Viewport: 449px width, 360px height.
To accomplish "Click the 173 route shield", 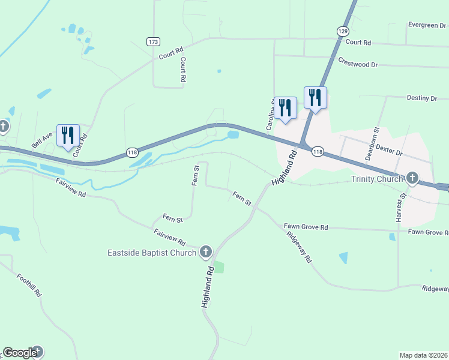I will tap(153, 41).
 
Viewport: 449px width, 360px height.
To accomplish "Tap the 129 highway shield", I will tap(342, 31).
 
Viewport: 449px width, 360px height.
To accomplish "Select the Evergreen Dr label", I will tap(427, 25).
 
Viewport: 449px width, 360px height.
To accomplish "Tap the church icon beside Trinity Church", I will tap(412, 178).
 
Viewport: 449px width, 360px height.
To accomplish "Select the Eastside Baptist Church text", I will tap(152, 253).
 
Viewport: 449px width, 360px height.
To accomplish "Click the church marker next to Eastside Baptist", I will tap(206, 252).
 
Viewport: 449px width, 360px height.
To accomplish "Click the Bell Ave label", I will tap(43, 141).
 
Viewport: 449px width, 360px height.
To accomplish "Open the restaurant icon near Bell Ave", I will tap(67, 135).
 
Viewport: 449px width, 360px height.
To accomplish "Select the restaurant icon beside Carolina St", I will tap(285, 108).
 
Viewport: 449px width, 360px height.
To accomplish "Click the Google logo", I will tap(20, 353).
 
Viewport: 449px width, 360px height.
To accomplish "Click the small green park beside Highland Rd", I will tap(219, 267).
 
